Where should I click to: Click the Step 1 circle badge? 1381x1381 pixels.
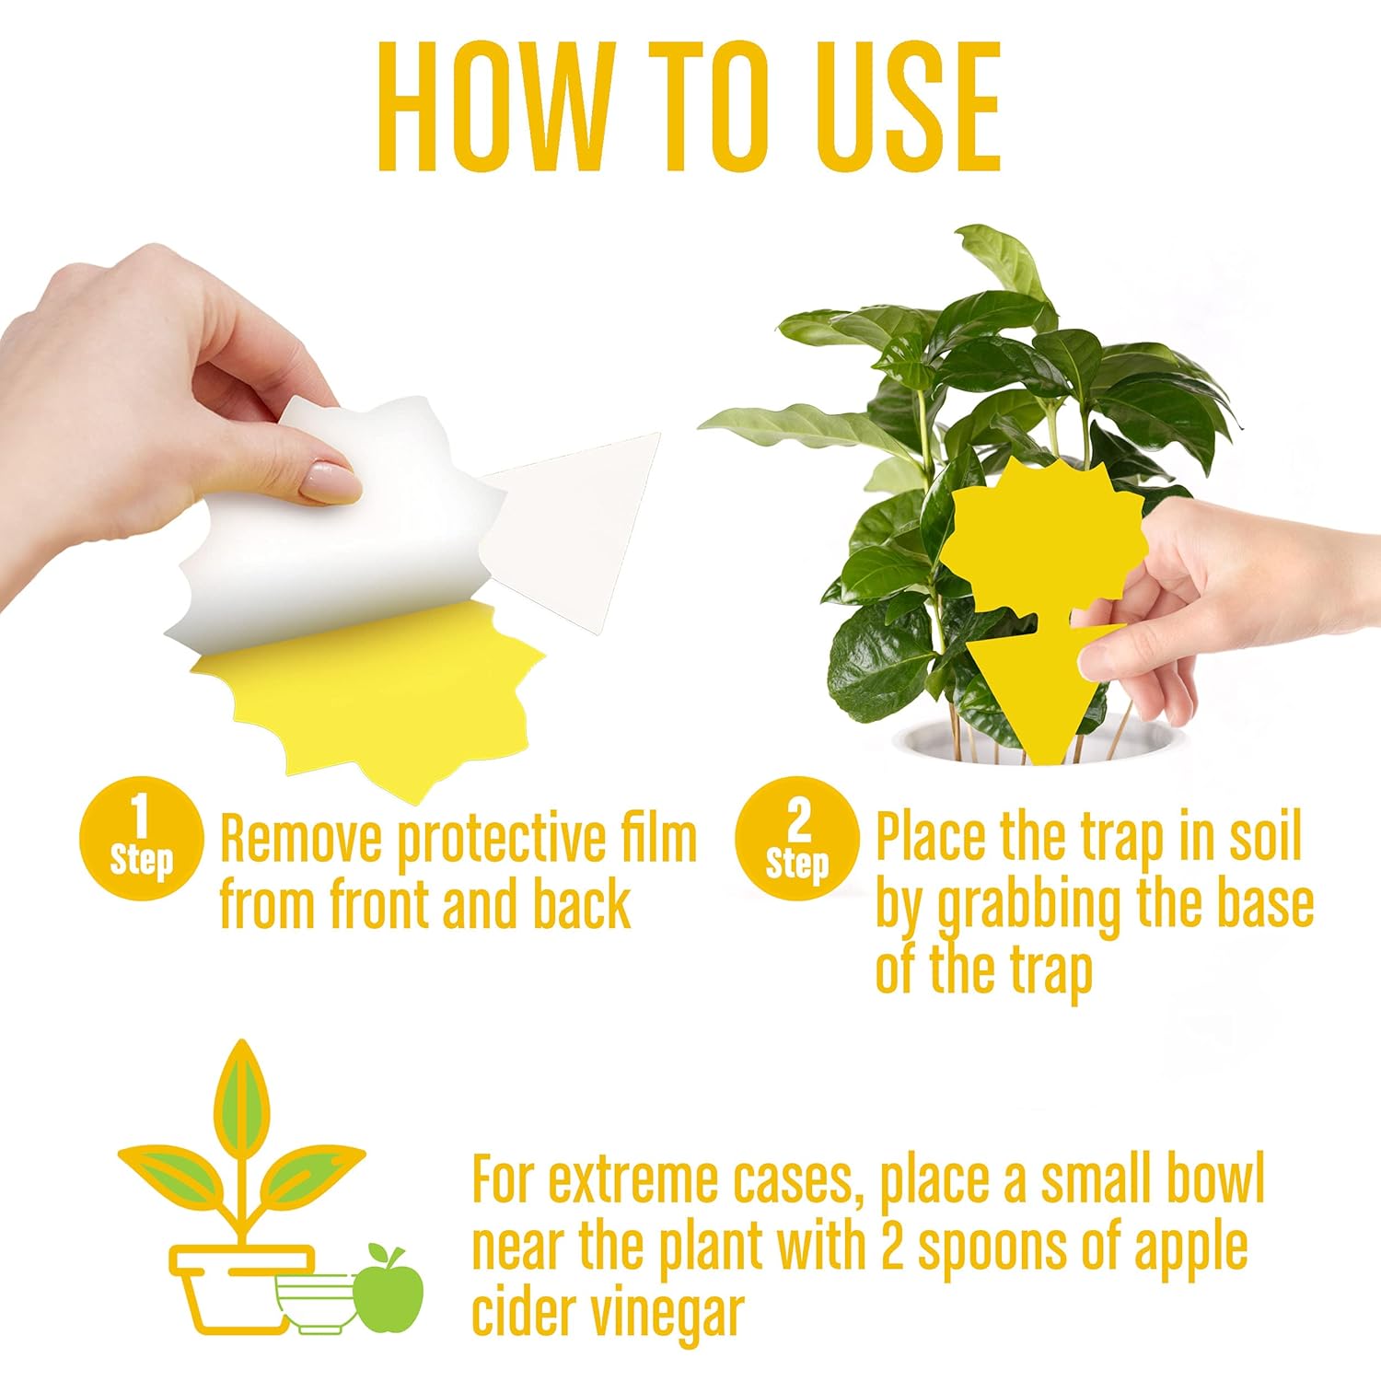click(141, 840)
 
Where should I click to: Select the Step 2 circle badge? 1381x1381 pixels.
click(796, 840)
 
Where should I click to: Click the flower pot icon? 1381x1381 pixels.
click(241, 1287)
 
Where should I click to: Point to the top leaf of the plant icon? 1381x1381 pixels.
click(242, 1096)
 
